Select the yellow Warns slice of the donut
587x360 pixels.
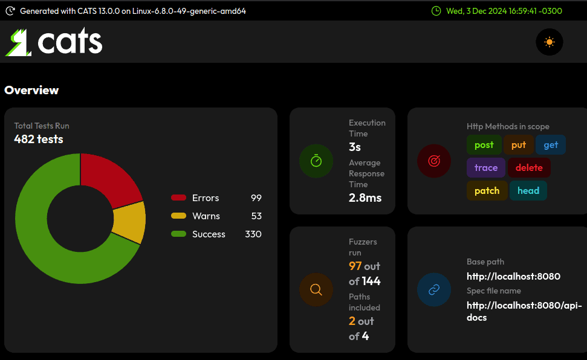point(129,222)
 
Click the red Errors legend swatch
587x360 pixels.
point(178,198)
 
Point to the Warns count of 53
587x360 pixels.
point(256,216)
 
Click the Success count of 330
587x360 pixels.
point(253,234)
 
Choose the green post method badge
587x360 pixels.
point(484,145)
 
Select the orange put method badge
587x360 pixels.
point(519,145)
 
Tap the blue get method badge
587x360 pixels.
point(551,145)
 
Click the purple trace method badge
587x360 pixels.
point(486,168)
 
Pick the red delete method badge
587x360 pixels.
point(529,168)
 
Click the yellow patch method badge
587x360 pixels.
point(487,191)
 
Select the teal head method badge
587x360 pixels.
point(528,191)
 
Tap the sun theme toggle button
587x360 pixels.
point(549,42)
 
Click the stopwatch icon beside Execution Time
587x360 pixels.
point(316,161)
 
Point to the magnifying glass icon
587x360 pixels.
point(316,289)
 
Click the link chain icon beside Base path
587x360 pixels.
point(434,289)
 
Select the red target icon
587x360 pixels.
point(434,161)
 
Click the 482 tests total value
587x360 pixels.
point(39,140)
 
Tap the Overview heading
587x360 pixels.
point(31,91)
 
